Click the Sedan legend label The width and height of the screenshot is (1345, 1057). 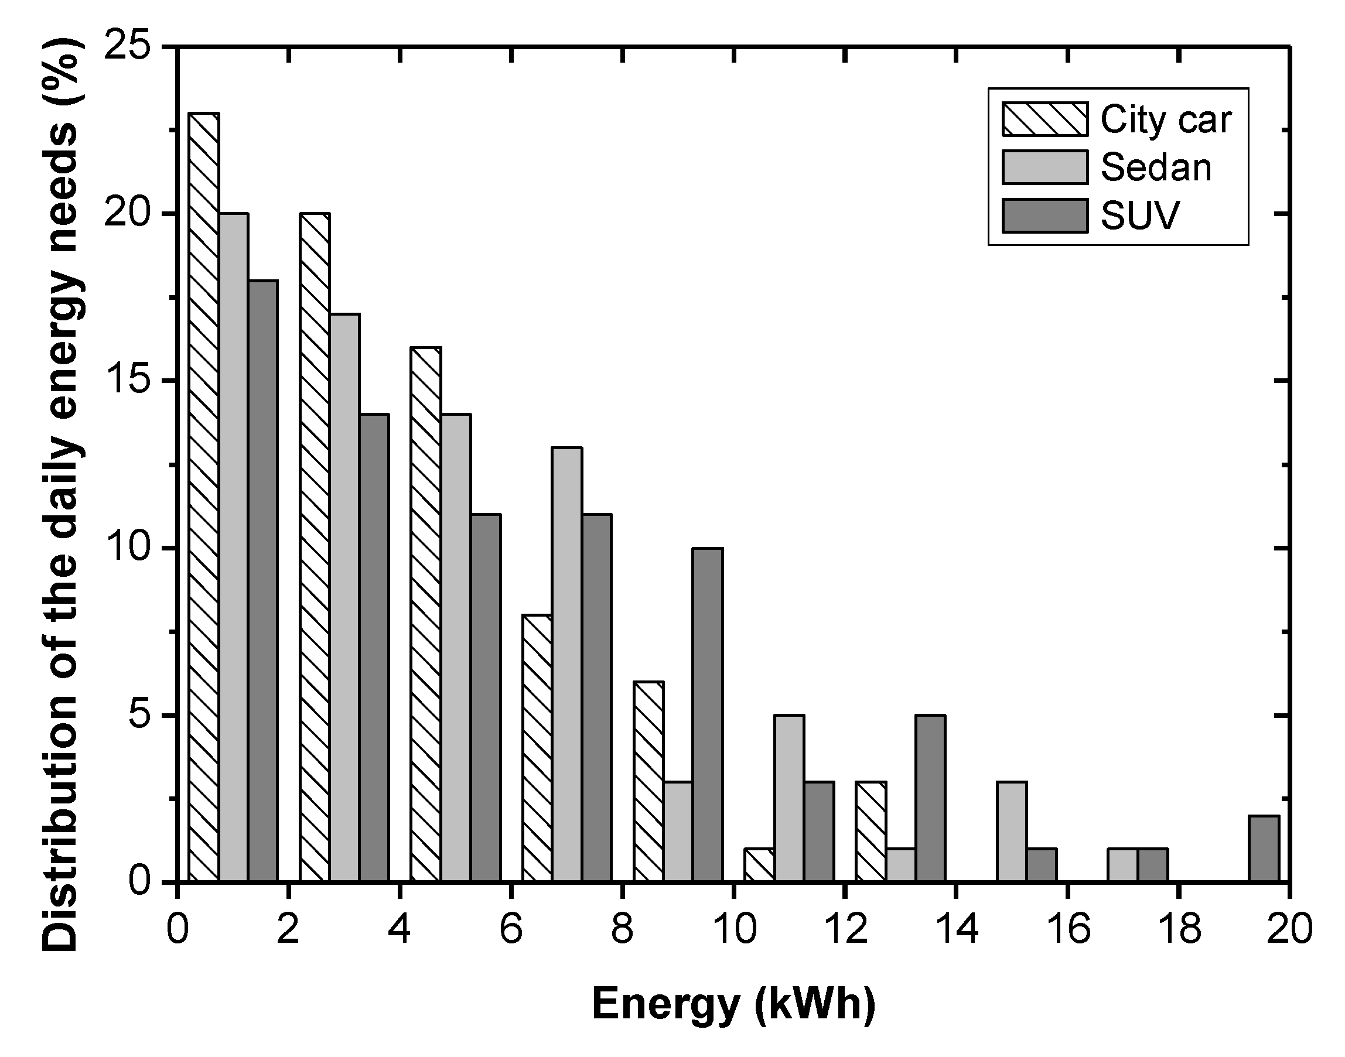pos(1156,167)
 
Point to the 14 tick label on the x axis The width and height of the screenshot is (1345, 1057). pos(955,929)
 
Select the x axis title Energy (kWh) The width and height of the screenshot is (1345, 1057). pos(733,1003)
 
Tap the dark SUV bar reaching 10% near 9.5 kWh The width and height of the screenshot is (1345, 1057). pos(708,715)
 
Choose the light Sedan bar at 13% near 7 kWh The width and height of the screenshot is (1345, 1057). pos(567,664)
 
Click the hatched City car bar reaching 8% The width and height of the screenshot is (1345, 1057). pos(537,748)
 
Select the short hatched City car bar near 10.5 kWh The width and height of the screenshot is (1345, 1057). pos(759,864)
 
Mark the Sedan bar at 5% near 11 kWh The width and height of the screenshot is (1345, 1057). pos(789,798)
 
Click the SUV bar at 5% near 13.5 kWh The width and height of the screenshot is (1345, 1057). pos(930,798)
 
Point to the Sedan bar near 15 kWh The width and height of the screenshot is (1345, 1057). pos(1011,831)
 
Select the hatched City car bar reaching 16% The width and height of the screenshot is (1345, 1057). pos(426,614)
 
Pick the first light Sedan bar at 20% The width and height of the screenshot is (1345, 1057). pos(233,547)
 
